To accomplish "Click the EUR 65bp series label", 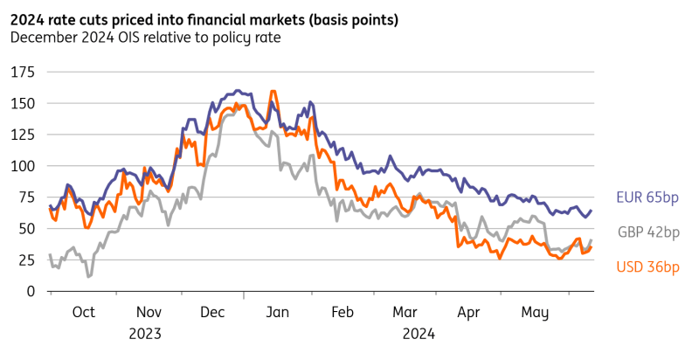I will (648, 197).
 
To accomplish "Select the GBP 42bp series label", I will (648, 232).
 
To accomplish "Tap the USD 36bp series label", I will (648, 267).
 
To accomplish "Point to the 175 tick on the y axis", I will (22, 71).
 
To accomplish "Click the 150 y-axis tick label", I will (22, 103).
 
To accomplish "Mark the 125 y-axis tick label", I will (22, 135).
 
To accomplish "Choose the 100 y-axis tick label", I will (22, 166).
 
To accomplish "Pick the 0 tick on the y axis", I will (30, 291).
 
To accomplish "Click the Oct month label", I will (83, 312).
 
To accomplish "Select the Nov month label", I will (149, 312).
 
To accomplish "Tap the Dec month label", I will (212, 312).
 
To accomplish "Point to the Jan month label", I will (277, 312).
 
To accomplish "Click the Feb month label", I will (342, 312).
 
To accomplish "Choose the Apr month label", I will (469, 312).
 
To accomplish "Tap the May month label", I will (533, 312).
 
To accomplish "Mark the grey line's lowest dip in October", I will (89, 277).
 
